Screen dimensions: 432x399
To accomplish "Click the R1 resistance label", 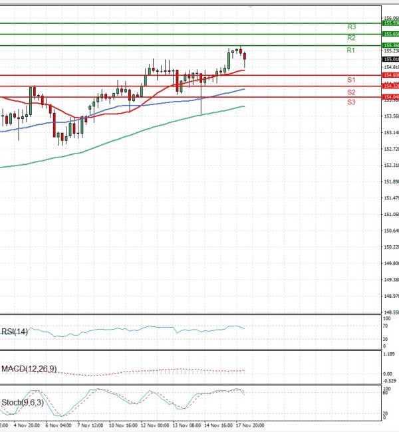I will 351,51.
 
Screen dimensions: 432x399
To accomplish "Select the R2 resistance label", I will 351,39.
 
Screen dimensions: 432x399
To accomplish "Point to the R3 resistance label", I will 352,27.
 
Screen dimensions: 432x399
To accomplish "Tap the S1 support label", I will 351,80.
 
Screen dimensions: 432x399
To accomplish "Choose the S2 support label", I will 351,92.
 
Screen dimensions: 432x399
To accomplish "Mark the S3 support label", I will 351,102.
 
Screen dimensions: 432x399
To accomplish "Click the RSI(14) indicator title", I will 15,331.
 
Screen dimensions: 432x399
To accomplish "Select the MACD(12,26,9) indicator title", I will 29,368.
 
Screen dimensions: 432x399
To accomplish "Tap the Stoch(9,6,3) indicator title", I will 21,402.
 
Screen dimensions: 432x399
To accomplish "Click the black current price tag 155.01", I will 390,59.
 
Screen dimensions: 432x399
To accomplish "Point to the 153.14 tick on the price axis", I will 390,132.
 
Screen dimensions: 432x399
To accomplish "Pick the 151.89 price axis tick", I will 390,181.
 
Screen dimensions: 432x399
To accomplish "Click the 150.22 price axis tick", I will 390,247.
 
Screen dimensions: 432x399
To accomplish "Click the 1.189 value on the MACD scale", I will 389,355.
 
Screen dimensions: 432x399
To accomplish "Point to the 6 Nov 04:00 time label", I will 58,424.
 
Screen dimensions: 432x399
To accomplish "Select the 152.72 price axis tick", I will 390,149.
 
